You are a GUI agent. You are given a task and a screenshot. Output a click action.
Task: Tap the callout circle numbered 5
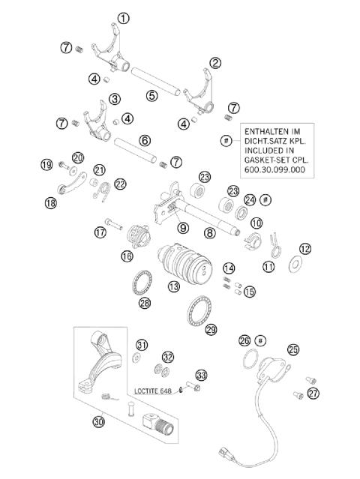point(152,95)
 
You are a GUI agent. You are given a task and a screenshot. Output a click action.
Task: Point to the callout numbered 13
point(174,286)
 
